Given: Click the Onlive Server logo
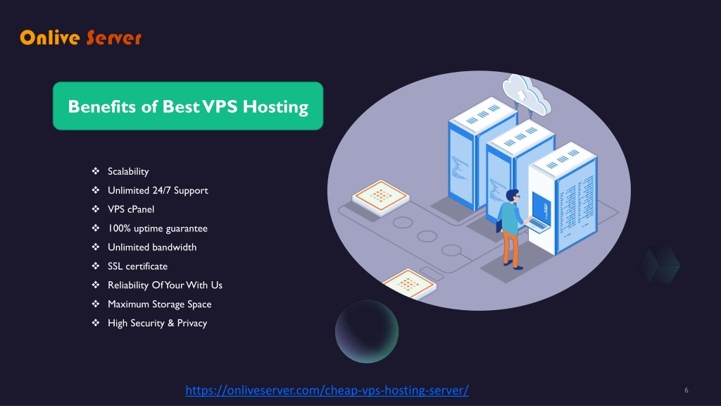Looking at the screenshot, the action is pos(80,38).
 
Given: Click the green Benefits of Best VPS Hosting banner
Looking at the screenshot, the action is pos(188,106).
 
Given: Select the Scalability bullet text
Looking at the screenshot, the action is pos(128,172).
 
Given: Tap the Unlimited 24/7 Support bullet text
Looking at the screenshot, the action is pos(158,190).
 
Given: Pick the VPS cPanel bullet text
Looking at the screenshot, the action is pos(131,209).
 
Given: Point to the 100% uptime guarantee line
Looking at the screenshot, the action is pos(158,229).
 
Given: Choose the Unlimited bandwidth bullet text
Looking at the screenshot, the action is pos(152,247).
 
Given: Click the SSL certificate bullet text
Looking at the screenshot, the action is pos(137,266).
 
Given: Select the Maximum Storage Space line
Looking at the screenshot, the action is pos(160,304).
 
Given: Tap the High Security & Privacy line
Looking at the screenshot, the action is pos(157,323).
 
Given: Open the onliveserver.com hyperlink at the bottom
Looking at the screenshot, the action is pos(327,390).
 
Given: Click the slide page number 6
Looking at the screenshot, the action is pos(686,390).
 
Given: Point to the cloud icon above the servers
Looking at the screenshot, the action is pos(526,94).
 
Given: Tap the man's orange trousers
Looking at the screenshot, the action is pos(510,249).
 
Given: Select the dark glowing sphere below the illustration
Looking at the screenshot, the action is pos(366,331).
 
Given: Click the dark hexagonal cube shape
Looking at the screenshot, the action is pos(660,265).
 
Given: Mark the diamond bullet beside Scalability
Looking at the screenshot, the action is pos(96,171).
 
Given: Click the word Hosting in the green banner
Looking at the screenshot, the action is pos(275,107).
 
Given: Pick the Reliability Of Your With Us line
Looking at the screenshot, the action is pos(165,285).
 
